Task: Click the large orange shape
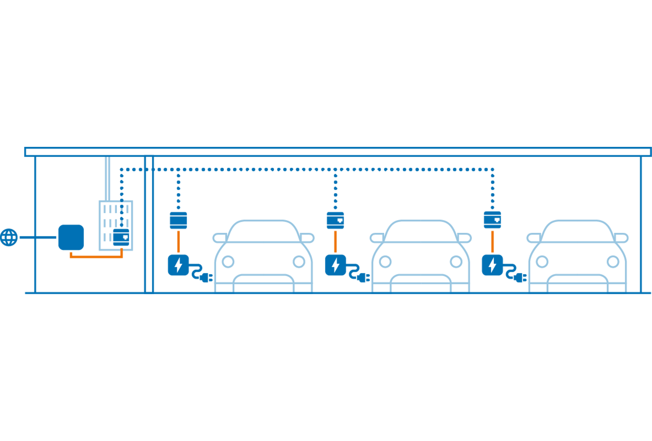tap(95, 264)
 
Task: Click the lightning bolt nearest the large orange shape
tap(178, 265)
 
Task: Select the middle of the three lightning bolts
tap(336, 265)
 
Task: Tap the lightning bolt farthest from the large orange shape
tap(492, 265)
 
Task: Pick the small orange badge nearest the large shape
tap(180, 241)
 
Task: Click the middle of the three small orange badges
tap(337, 241)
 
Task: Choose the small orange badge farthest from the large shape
tap(495, 241)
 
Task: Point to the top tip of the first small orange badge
tap(178, 231)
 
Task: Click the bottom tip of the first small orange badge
tap(179, 252)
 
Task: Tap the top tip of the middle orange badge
tap(336, 231)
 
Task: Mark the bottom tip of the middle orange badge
tap(336, 252)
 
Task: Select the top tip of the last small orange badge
tap(492, 231)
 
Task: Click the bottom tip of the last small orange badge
tap(493, 252)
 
